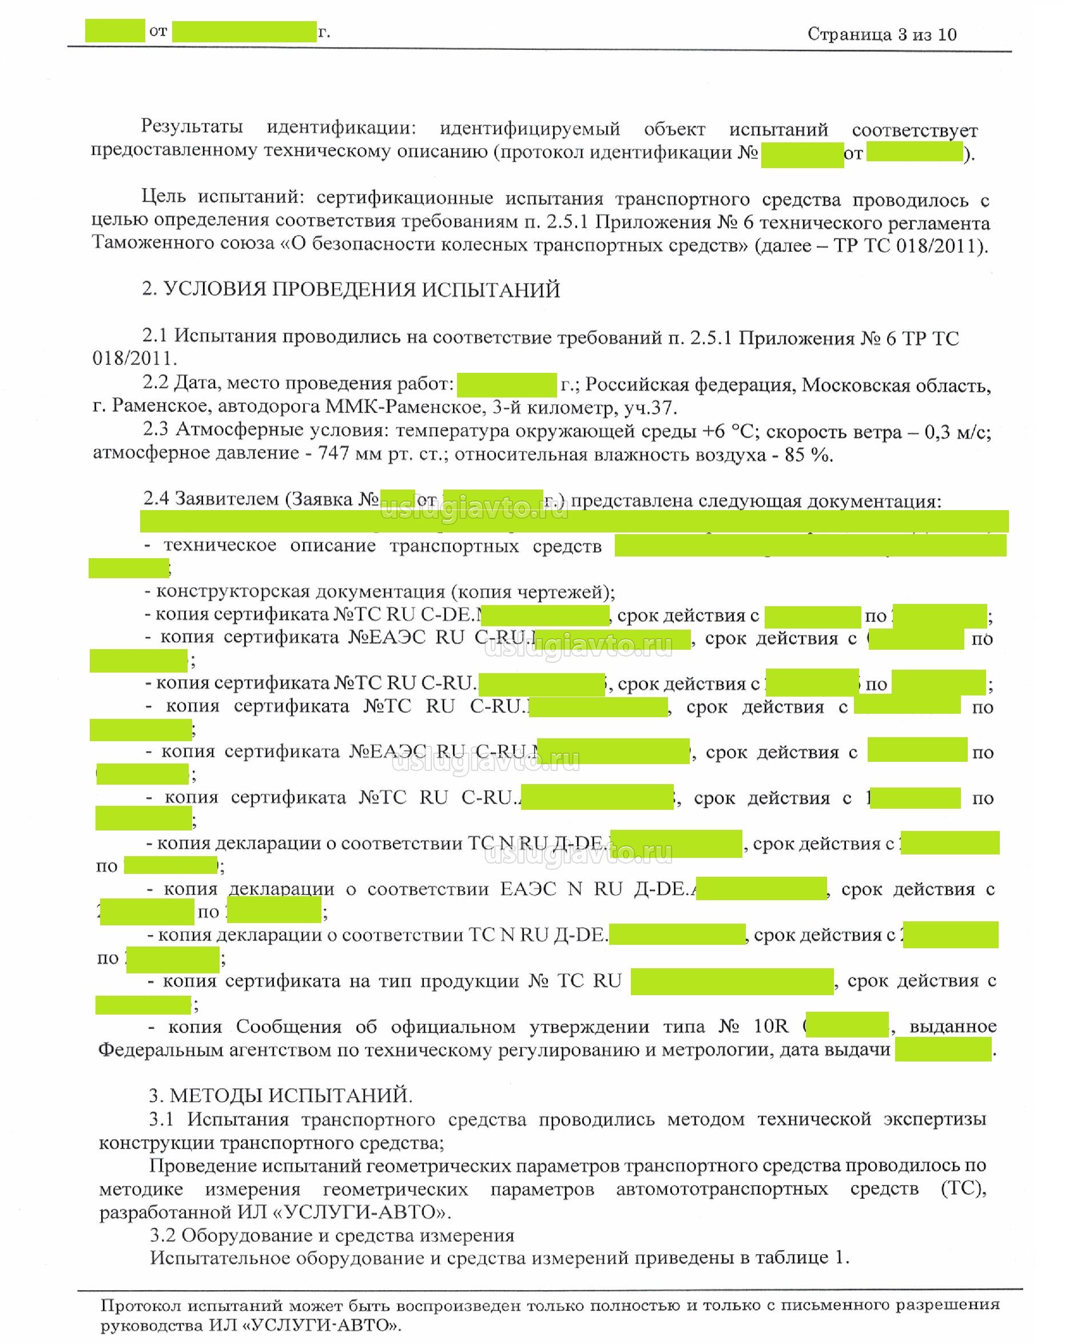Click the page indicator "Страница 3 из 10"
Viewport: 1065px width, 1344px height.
click(x=881, y=34)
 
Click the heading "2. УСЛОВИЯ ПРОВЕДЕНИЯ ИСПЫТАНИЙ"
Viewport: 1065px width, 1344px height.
click(x=351, y=289)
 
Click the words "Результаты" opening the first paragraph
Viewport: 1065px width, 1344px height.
click(x=192, y=126)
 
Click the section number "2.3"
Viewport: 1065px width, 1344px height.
click(x=155, y=430)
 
